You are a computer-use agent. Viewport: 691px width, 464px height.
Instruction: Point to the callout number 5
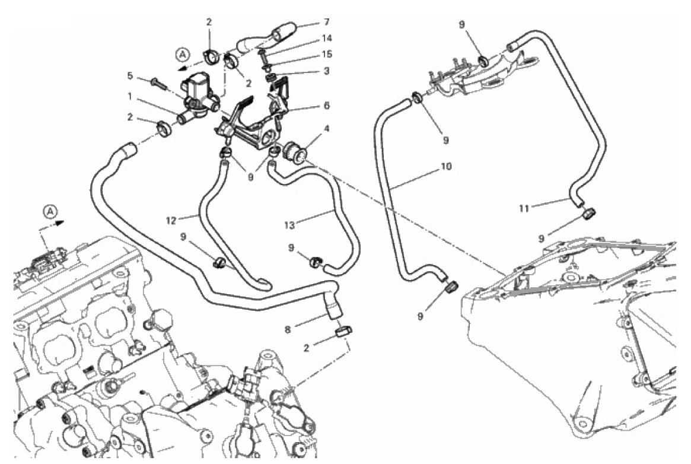[x=130, y=75]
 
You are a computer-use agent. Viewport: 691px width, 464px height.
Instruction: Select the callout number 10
[x=445, y=167]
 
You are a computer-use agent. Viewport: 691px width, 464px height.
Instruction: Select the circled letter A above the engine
[x=50, y=211]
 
